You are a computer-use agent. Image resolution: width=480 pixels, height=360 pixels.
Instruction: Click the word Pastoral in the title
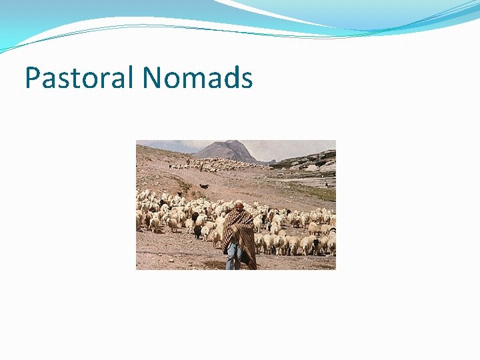(x=80, y=77)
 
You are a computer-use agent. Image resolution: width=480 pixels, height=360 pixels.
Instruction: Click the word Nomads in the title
(x=197, y=77)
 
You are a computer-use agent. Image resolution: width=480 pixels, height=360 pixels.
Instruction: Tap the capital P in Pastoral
(x=32, y=77)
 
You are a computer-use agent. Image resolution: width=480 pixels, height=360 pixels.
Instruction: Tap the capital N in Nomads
(x=153, y=77)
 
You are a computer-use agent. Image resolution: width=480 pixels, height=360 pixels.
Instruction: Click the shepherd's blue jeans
(x=233, y=256)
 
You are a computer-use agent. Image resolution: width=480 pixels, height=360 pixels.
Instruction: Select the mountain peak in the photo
(x=229, y=145)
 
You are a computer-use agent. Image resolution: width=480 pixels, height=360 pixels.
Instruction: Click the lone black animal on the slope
(x=204, y=186)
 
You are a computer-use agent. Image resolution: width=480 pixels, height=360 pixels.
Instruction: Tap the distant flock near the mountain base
(x=220, y=165)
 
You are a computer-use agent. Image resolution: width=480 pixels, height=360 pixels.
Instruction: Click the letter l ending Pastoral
(x=132, y=77)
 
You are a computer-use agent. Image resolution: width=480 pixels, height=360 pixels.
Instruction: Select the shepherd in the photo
(x=239, y=237)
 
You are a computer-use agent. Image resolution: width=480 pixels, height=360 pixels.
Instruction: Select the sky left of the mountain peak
(x=170, y=147)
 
